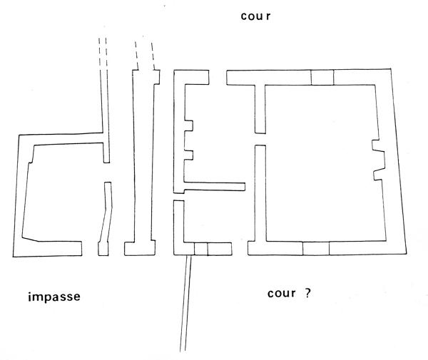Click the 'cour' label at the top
(255, 16)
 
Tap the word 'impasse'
(54, 297)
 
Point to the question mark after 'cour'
(307, 293)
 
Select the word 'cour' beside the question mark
(282, 294)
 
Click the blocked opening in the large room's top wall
(322, 78)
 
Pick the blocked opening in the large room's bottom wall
(316, 248)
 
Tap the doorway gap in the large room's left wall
(260, 139)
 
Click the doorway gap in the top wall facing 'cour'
(218, 78)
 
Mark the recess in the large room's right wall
(379, 160)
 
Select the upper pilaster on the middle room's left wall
(189, 125)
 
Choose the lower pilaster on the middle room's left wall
(188, 155)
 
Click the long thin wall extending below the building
(185, 303)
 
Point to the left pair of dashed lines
(103, 52)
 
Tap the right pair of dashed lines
(145, 56)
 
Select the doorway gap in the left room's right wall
(107, 173)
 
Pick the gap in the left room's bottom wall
(90, 249)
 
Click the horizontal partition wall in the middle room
(215, 187)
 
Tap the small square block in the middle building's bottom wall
(201, 249)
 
